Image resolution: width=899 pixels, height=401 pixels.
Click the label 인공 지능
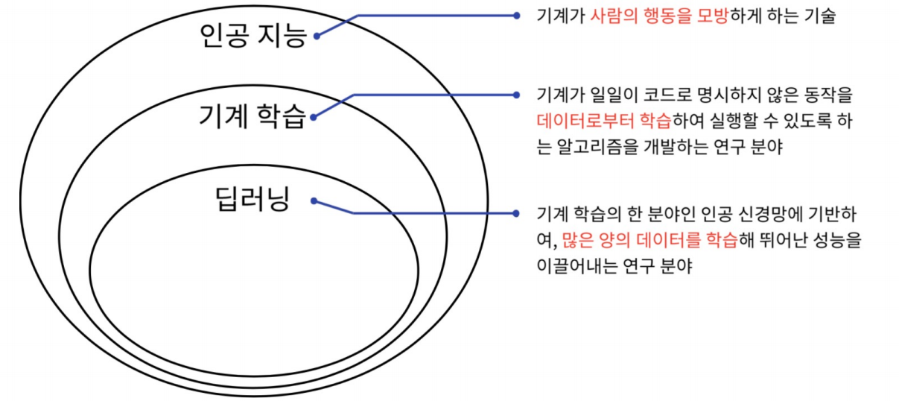click(x=252, y=35)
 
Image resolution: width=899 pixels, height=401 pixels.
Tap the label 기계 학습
click(x=252, y=116)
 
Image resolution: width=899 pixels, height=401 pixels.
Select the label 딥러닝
click(x=252, y=199)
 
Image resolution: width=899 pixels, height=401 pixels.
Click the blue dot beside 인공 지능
click(x=317, y=35)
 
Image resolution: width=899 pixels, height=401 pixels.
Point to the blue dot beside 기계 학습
click(x=314, y=116)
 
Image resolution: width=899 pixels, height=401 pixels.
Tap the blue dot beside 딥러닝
click(x=314, y=200)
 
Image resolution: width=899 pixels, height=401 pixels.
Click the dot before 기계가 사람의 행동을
click(x=516, y=16)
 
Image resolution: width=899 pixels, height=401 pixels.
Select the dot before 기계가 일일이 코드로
click(x=516, y=95)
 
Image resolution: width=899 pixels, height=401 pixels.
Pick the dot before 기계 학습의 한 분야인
click(x=516, y=213)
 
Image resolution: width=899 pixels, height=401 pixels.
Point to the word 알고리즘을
click(x=591, y=147)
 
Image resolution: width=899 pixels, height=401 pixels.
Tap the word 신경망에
click(x=766, y=214)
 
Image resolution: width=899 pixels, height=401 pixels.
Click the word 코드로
click(x=647, y=95)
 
